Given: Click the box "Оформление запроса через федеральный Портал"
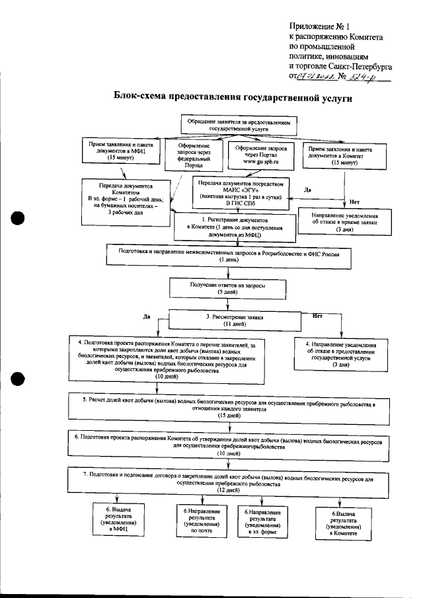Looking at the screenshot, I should point(193,155).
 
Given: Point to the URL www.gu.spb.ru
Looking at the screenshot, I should point(258,161).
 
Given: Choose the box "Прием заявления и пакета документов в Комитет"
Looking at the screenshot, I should point(340,155).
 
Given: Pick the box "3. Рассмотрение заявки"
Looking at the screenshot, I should point(235,320).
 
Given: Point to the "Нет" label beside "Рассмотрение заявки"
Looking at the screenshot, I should point(317,315).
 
